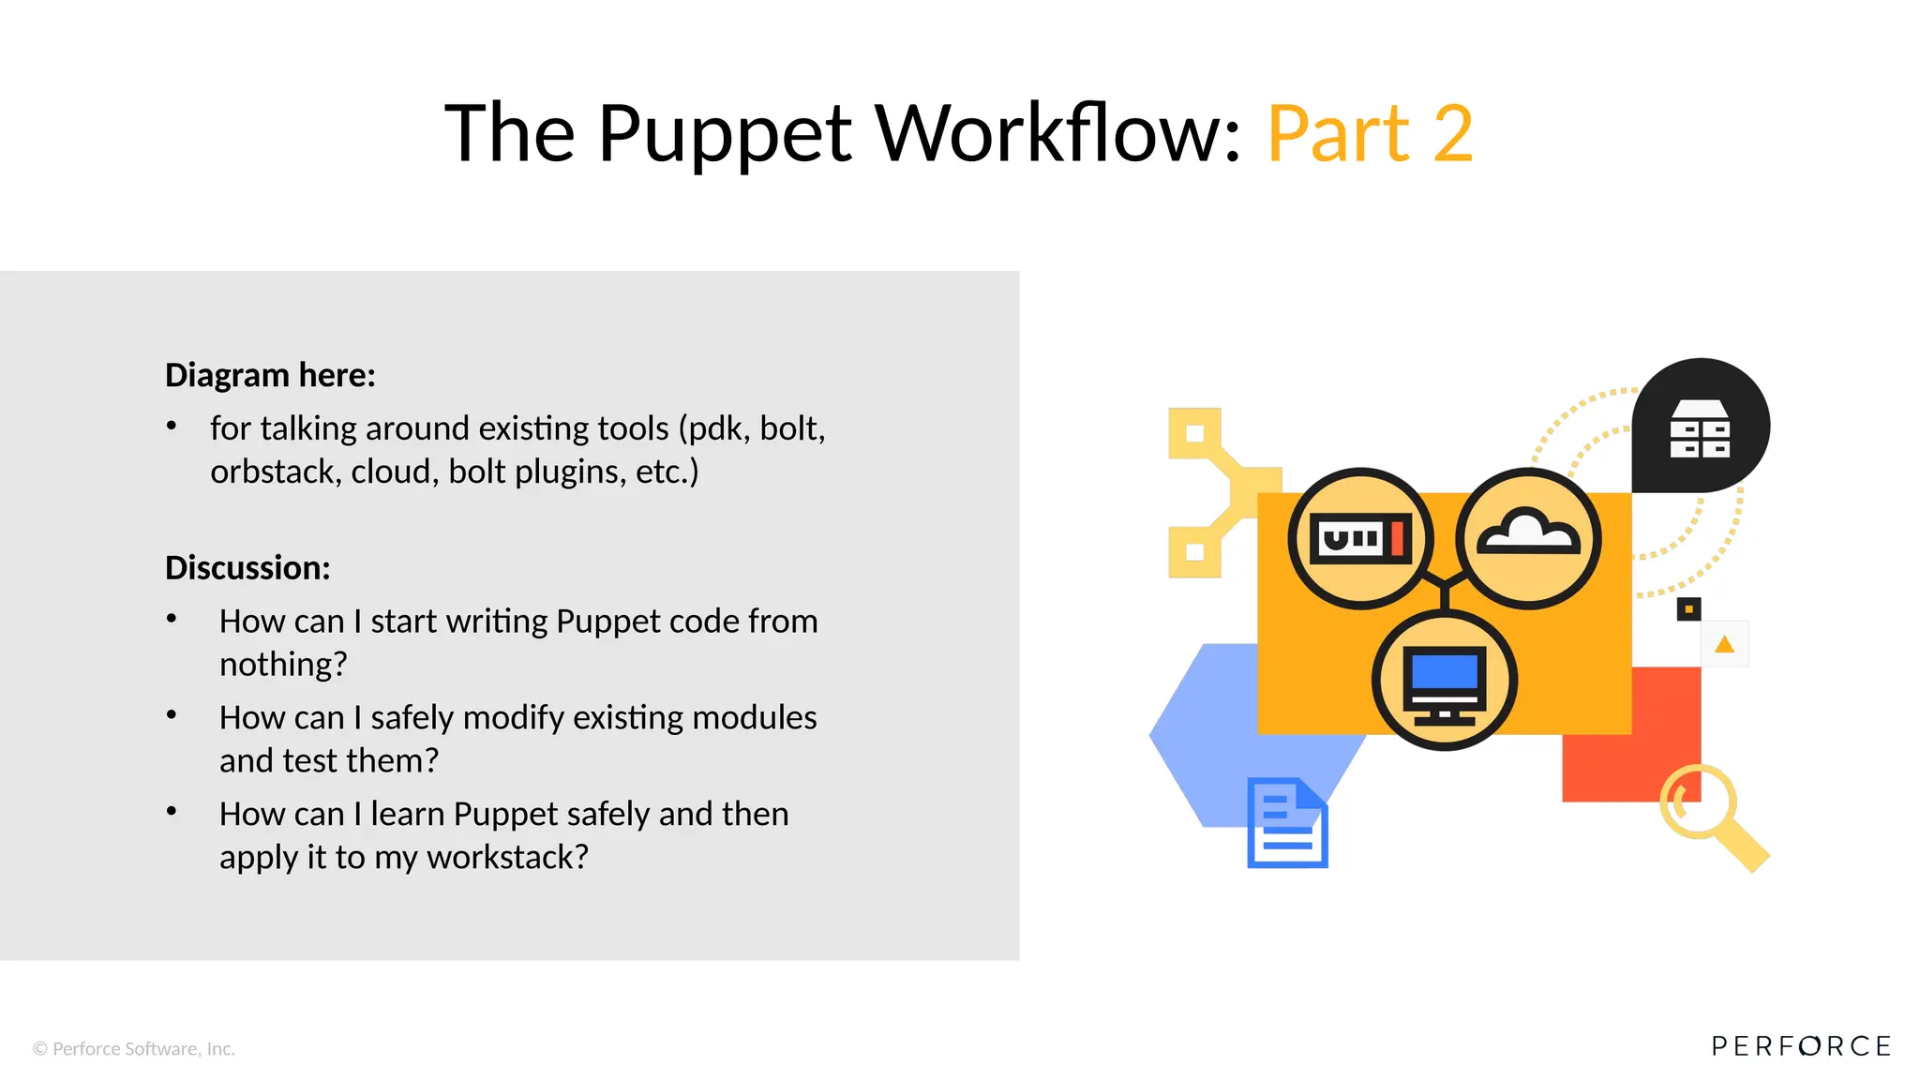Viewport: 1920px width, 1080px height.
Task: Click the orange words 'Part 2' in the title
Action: click(x=1370, y=134)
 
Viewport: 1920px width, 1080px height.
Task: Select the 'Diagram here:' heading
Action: click(x=270, y=375)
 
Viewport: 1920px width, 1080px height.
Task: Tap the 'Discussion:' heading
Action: click(x=247, y=568)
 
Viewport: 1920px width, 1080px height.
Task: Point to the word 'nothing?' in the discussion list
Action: click(x=283, y=665)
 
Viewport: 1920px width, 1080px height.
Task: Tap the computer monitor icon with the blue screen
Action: click(x=1444, y=682)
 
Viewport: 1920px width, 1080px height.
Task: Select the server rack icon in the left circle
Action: click(x=1359, y=539)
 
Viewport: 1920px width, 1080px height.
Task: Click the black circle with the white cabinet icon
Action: click(x=1701, y=427)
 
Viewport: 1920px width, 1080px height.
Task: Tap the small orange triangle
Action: click(x=1724, y=645)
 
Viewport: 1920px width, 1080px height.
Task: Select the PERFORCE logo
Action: click(x=1801, y=1046)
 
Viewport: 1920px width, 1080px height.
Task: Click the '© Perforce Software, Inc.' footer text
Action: click(x=134, y=1049)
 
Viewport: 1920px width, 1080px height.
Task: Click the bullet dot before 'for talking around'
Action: click(x=172, y=427)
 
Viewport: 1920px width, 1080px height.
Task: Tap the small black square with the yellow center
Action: click(x=1688, y=609)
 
